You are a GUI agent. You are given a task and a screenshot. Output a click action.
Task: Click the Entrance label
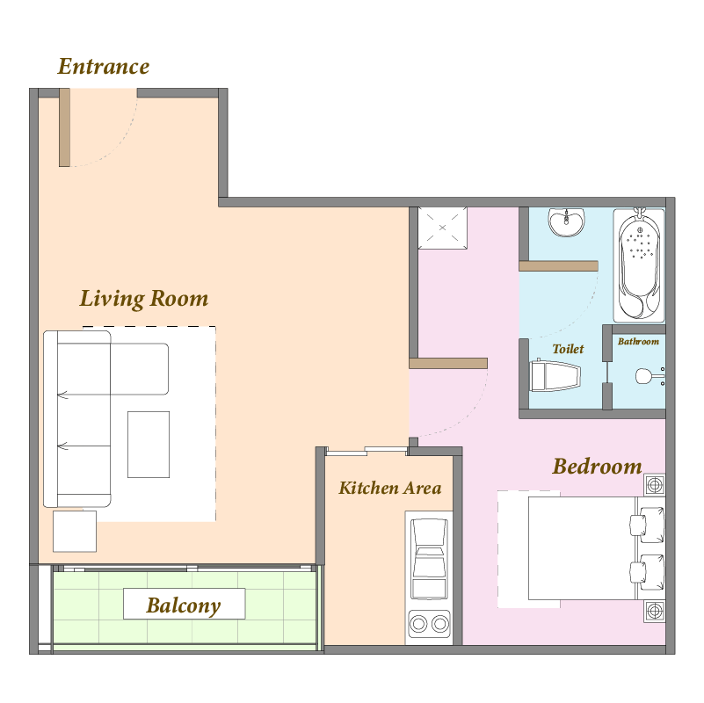click(x=104, y=67)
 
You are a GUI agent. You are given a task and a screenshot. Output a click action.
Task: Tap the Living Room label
click(x=144, y=299)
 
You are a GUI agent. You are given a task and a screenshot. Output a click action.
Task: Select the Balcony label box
click(x=184, y=604)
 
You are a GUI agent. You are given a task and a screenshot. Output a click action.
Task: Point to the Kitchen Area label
click(x=389, y=488)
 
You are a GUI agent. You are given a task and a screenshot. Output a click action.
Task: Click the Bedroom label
click(x=597, y=467)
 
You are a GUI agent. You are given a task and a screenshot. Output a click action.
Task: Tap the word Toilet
click(x=568, y=349)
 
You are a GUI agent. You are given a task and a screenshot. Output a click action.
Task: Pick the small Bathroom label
click(x=638, y=342)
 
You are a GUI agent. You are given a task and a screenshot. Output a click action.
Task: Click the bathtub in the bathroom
click(x=639, y=265)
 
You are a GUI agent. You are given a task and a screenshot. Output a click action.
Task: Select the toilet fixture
click(x=555, y=376)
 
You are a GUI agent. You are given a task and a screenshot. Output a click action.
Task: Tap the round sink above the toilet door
click(x=567, y=221)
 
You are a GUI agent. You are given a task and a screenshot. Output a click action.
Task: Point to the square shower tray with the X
click(x=442, y=228)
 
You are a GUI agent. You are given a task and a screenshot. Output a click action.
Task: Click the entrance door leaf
click(x=65, y=127)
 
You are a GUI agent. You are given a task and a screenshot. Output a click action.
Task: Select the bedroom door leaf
click(x=448, y=363)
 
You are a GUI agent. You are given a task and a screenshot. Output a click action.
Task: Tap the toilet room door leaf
click(x=558, y=265)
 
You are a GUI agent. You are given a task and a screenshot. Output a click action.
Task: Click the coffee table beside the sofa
click(x=149, y=445)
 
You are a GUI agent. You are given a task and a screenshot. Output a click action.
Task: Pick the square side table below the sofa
click(x=75, y=531)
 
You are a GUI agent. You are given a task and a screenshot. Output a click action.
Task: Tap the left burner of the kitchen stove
click(x=418, y=624)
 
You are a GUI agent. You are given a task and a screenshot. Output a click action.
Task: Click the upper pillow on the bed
click(x=648, y=524)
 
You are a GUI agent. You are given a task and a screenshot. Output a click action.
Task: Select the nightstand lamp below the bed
click(x=655, y=611)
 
